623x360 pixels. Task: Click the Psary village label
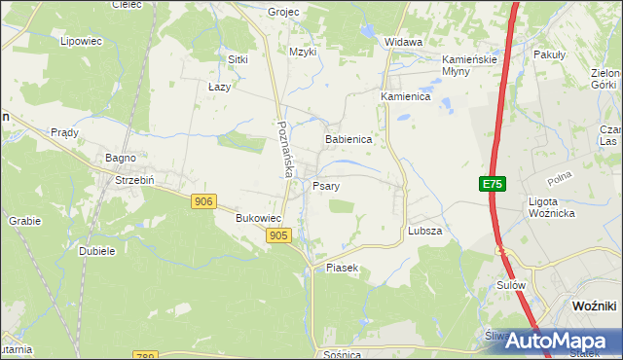[325, 185]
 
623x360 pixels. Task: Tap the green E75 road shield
[493, 184]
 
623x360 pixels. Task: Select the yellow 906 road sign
[202, 200]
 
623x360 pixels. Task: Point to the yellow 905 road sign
[278, 235]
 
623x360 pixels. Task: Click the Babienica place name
[348, 139]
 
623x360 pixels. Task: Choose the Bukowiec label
[259, 219]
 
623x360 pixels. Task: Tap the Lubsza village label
[425, 231]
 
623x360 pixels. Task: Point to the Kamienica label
[405, 97]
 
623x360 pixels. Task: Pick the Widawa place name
[403, 42]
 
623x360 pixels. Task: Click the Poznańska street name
[284, 149]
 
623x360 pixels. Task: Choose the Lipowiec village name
[81, 42]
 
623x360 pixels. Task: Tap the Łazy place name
[219, 87]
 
